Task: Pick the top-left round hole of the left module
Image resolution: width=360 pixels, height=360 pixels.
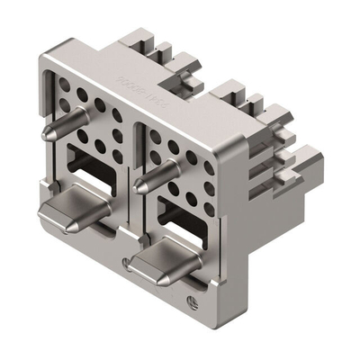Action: pos(64,85)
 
